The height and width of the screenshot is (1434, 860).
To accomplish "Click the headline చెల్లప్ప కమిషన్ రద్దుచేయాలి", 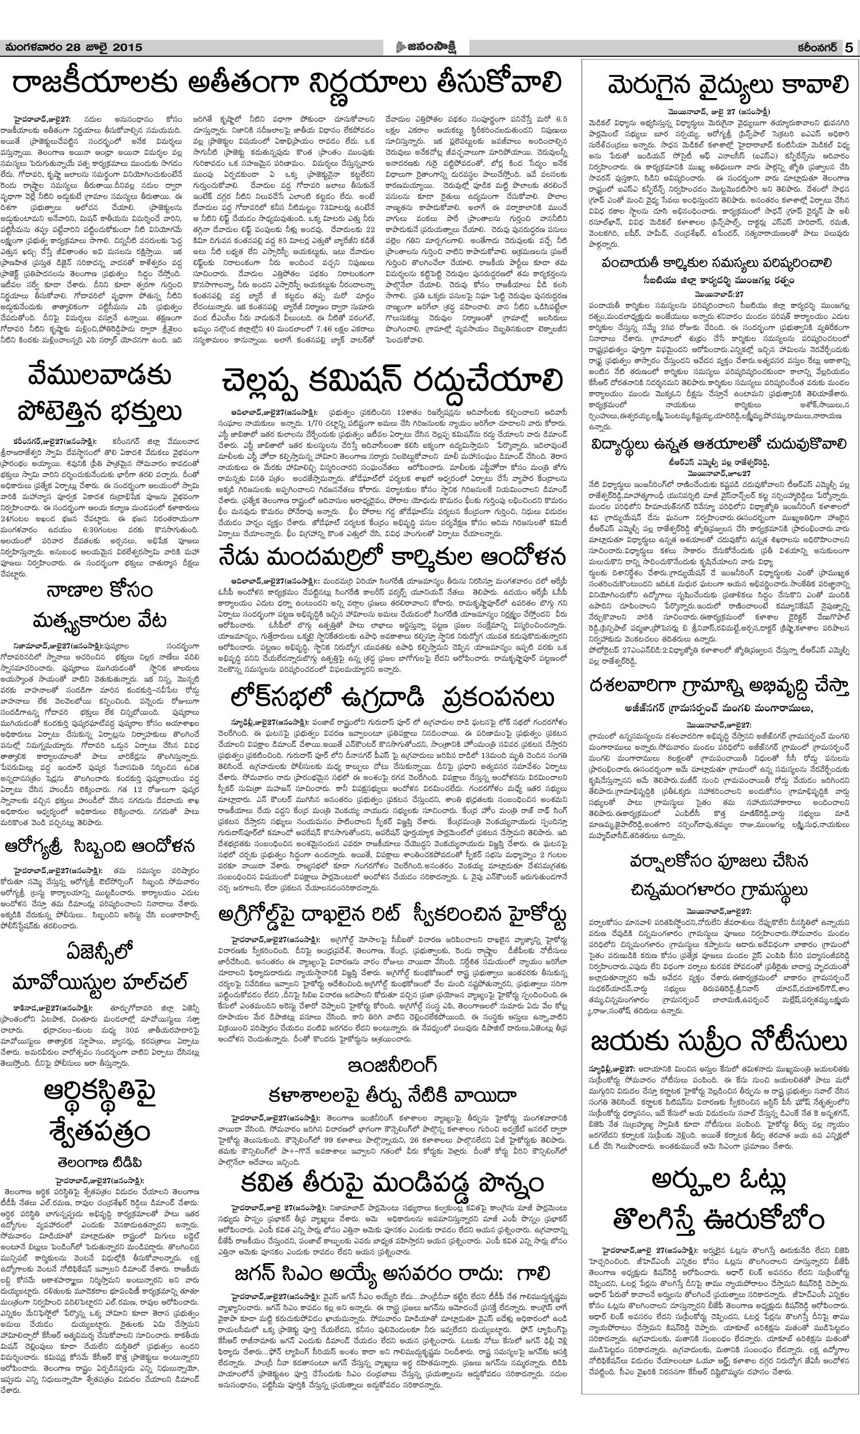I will [x=391, y=383].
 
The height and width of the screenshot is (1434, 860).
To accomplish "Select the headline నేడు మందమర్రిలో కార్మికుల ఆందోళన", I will [x=391, y=558].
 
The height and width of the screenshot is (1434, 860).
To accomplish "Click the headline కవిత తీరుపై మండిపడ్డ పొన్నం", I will [x=391, y=1181].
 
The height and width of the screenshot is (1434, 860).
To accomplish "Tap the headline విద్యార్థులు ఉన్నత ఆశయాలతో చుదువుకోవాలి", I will [x=720, y=443].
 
